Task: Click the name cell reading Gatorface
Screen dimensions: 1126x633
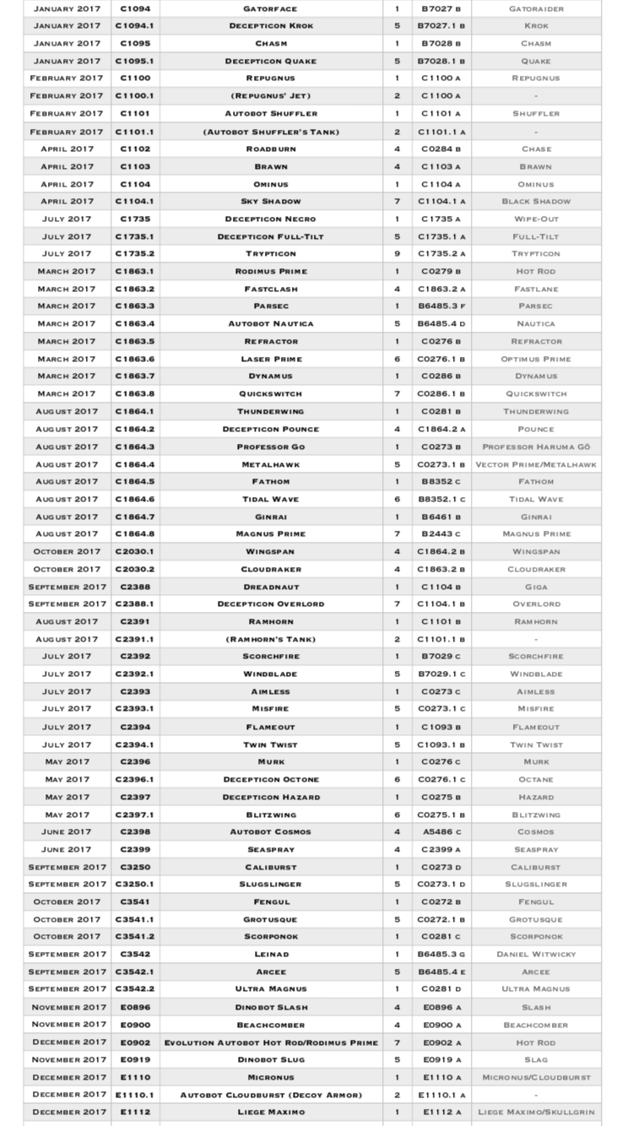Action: pyautogui.click(x=270, y=8)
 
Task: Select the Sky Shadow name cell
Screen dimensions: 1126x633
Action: pyautogui.click(x=270, y=202)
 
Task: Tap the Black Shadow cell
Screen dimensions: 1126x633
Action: pyautogui.click(x=536, y=202)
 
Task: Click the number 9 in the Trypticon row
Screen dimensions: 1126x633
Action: pyautogui.click(x=397, y=254)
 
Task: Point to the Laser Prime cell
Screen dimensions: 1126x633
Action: pyautogui.click(x=270, y=360)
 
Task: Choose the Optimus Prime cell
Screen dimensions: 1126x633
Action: pyautogui.click(x=536, y=360)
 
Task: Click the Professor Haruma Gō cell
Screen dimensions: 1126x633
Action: pyautogui.click(x=536, y=447)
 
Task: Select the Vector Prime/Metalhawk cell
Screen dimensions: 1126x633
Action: pyautogui.click(x=536, y=465)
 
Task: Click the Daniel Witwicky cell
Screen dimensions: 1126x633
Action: pyautogui.click(x=536, y=955)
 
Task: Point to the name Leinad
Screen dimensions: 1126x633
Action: pyautogui.click(x=270, y=955)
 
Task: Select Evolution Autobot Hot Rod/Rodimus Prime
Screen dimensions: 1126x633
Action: pyautogui.click(x=270, y=1043)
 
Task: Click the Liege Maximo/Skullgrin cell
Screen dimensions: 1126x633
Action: pyautogui.click(x=536, y=1112)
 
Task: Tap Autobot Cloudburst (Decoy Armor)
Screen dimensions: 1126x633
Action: pyautogui.click(x=270, y=1096)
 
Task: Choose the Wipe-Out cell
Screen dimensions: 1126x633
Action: pyautogui.click(x=536, y=219)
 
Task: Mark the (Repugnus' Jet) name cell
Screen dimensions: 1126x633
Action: pyautogui.click(x=270, y=96)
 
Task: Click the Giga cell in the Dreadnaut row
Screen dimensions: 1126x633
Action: pyautogui.click(x=536, y=587)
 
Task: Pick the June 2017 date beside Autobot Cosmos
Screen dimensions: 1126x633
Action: pyautogui.click(x=67, y=832)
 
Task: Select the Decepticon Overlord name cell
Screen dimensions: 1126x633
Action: pyautogui.click(x=270, y=604)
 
